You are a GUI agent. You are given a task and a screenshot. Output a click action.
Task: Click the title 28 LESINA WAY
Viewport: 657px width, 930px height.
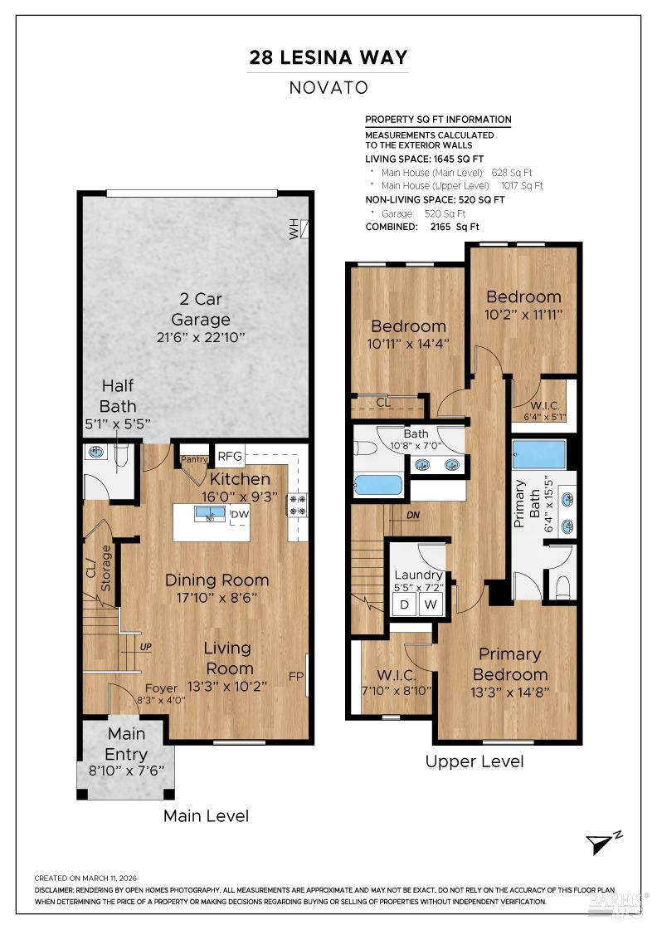[328, 57]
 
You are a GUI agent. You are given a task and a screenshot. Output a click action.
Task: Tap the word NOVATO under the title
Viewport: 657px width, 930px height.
[328, 88]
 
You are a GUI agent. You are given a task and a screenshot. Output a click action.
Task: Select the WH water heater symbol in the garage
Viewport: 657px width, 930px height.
[299, 229]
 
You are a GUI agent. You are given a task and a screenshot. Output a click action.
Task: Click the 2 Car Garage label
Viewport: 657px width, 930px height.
[201, 309]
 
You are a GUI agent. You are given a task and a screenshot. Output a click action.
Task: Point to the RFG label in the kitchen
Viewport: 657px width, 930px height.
[230, 456]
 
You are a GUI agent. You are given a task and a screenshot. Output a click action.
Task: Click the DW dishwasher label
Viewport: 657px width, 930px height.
[240, 514]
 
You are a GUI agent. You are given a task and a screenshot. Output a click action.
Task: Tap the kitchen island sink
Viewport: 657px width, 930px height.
[210, 513]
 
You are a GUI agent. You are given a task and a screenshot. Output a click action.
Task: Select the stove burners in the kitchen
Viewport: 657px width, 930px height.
[297, 505]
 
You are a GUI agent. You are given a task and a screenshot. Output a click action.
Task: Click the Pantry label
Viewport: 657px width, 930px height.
[194, 459]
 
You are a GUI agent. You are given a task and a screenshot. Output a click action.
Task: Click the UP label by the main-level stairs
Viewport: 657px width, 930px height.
[146, 647]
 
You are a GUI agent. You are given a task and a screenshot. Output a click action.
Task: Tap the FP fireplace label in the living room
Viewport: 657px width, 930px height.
[296, 676]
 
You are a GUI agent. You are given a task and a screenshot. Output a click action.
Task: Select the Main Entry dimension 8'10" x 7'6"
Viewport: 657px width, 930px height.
[126, 771]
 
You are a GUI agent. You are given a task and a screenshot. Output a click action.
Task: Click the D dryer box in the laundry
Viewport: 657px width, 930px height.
[405, 604]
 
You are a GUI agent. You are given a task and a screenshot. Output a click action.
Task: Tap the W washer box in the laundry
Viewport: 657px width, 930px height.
[431, 604]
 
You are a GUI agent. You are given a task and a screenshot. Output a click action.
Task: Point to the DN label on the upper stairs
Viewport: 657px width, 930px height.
[413, 516]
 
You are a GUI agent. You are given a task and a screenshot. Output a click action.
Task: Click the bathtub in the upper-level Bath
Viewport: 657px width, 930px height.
[378, 485]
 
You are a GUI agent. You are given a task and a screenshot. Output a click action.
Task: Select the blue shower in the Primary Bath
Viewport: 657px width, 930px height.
[538, 456]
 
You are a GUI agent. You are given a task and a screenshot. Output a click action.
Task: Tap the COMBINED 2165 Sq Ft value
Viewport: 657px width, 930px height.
[455, 227]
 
